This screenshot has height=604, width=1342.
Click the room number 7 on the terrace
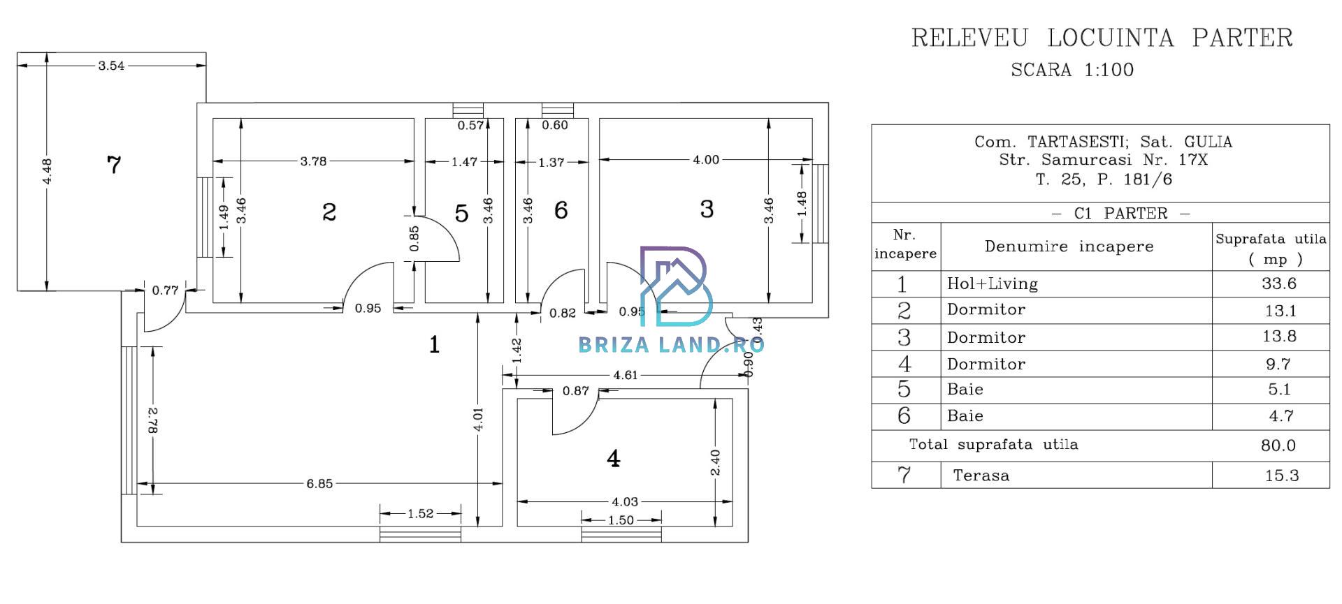pos(114,165)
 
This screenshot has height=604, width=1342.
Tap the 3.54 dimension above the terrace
pos(111,66)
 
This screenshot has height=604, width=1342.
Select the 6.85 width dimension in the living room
pos(319,483)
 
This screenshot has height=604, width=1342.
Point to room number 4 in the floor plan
pos(613,459)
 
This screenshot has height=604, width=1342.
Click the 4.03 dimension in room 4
pos(625,501)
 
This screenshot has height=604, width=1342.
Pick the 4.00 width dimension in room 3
pos(706,160)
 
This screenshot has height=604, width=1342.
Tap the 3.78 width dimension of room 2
pos(313,161)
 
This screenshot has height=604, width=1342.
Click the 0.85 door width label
pos(414,238)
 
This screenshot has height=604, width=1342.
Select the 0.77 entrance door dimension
pos(165,290)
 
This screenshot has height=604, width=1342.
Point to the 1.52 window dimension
pos(421,514)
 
